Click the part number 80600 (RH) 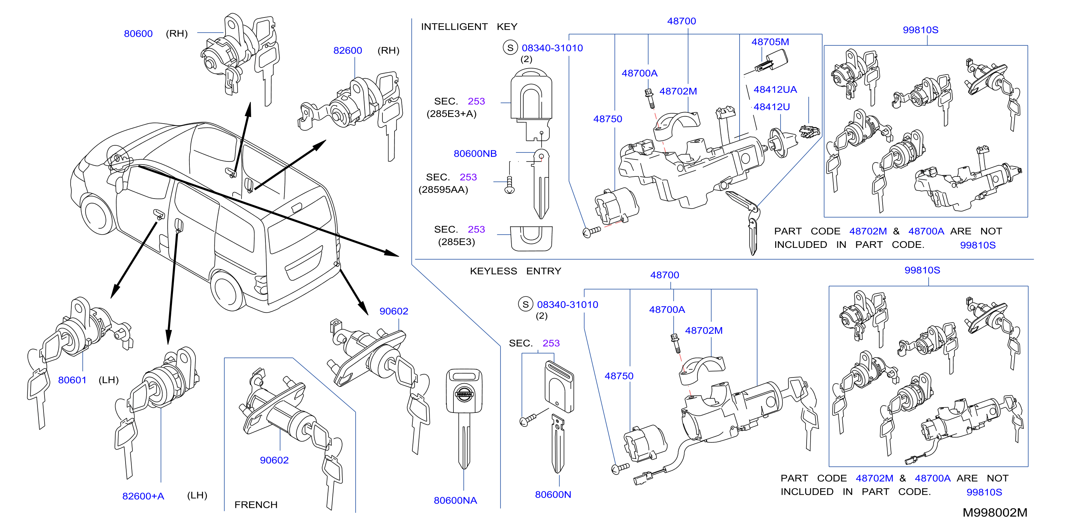coord(138,34)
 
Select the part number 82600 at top coord(347,50)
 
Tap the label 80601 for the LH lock coord(72,380)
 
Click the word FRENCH coord(256,505)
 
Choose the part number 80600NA coord(455,500)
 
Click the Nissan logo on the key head coord(464,394)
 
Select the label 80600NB coord(475,154)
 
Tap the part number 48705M coord(770,42)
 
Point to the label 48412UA coord(775,90)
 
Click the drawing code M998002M coord(995,512)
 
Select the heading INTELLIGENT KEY coord(469,27)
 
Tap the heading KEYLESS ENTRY coord(515,271)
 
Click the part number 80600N coord(553,494)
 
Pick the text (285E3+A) coord(452,114)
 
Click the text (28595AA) coord(443,190)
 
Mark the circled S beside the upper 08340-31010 coord(511,47)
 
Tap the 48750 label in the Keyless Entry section coord(619,376)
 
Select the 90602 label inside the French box coord(274,460)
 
